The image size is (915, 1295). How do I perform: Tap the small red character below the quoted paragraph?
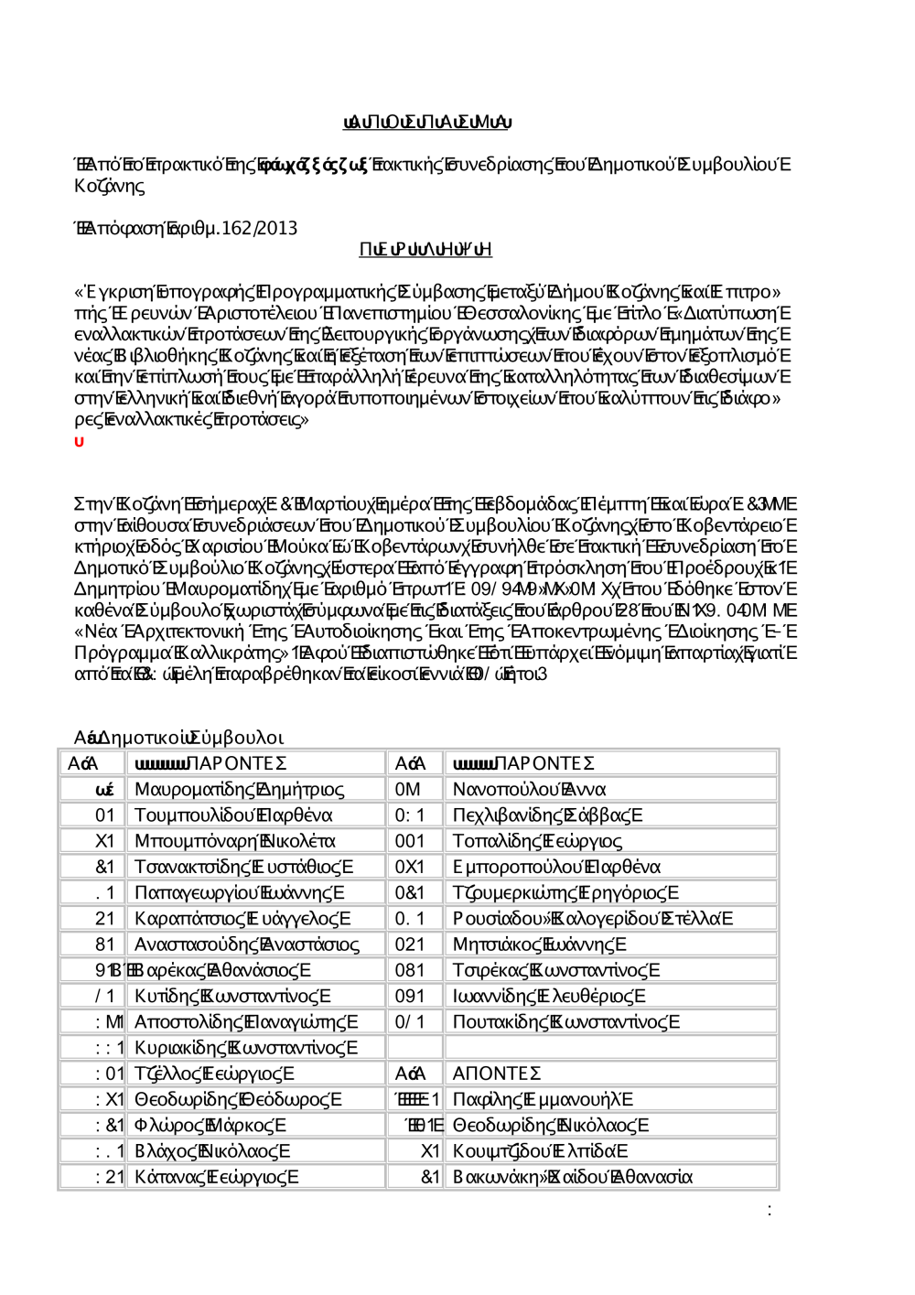tap(79, 442)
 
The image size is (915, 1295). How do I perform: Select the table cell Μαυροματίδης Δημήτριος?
tap(240, 789)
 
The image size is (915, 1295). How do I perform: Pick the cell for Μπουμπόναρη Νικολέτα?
tap(235, 840)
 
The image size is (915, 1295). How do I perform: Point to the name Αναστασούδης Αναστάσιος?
tap(247, 944)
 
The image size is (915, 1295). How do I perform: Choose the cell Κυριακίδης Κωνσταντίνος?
tap(246, 1047)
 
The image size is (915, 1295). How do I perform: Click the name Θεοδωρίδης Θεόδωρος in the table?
tap(238, 1099)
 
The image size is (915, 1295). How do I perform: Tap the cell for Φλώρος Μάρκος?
tap(210, 1125)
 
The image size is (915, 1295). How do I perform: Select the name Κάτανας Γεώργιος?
tap(216, 1177)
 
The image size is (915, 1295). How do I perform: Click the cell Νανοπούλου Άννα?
tap(529, 789)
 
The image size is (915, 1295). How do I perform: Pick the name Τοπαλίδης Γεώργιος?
tap(537, 840)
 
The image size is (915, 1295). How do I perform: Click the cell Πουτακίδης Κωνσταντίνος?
tap(566, 1021)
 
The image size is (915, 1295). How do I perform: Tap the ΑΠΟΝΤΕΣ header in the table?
tap(497, 1073)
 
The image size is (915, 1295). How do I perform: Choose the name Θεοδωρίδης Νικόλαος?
tap(551, 1125)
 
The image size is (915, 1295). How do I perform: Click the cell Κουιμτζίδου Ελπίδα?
tap(541, 1150)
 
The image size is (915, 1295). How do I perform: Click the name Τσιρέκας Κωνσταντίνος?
tap(556, 969)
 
